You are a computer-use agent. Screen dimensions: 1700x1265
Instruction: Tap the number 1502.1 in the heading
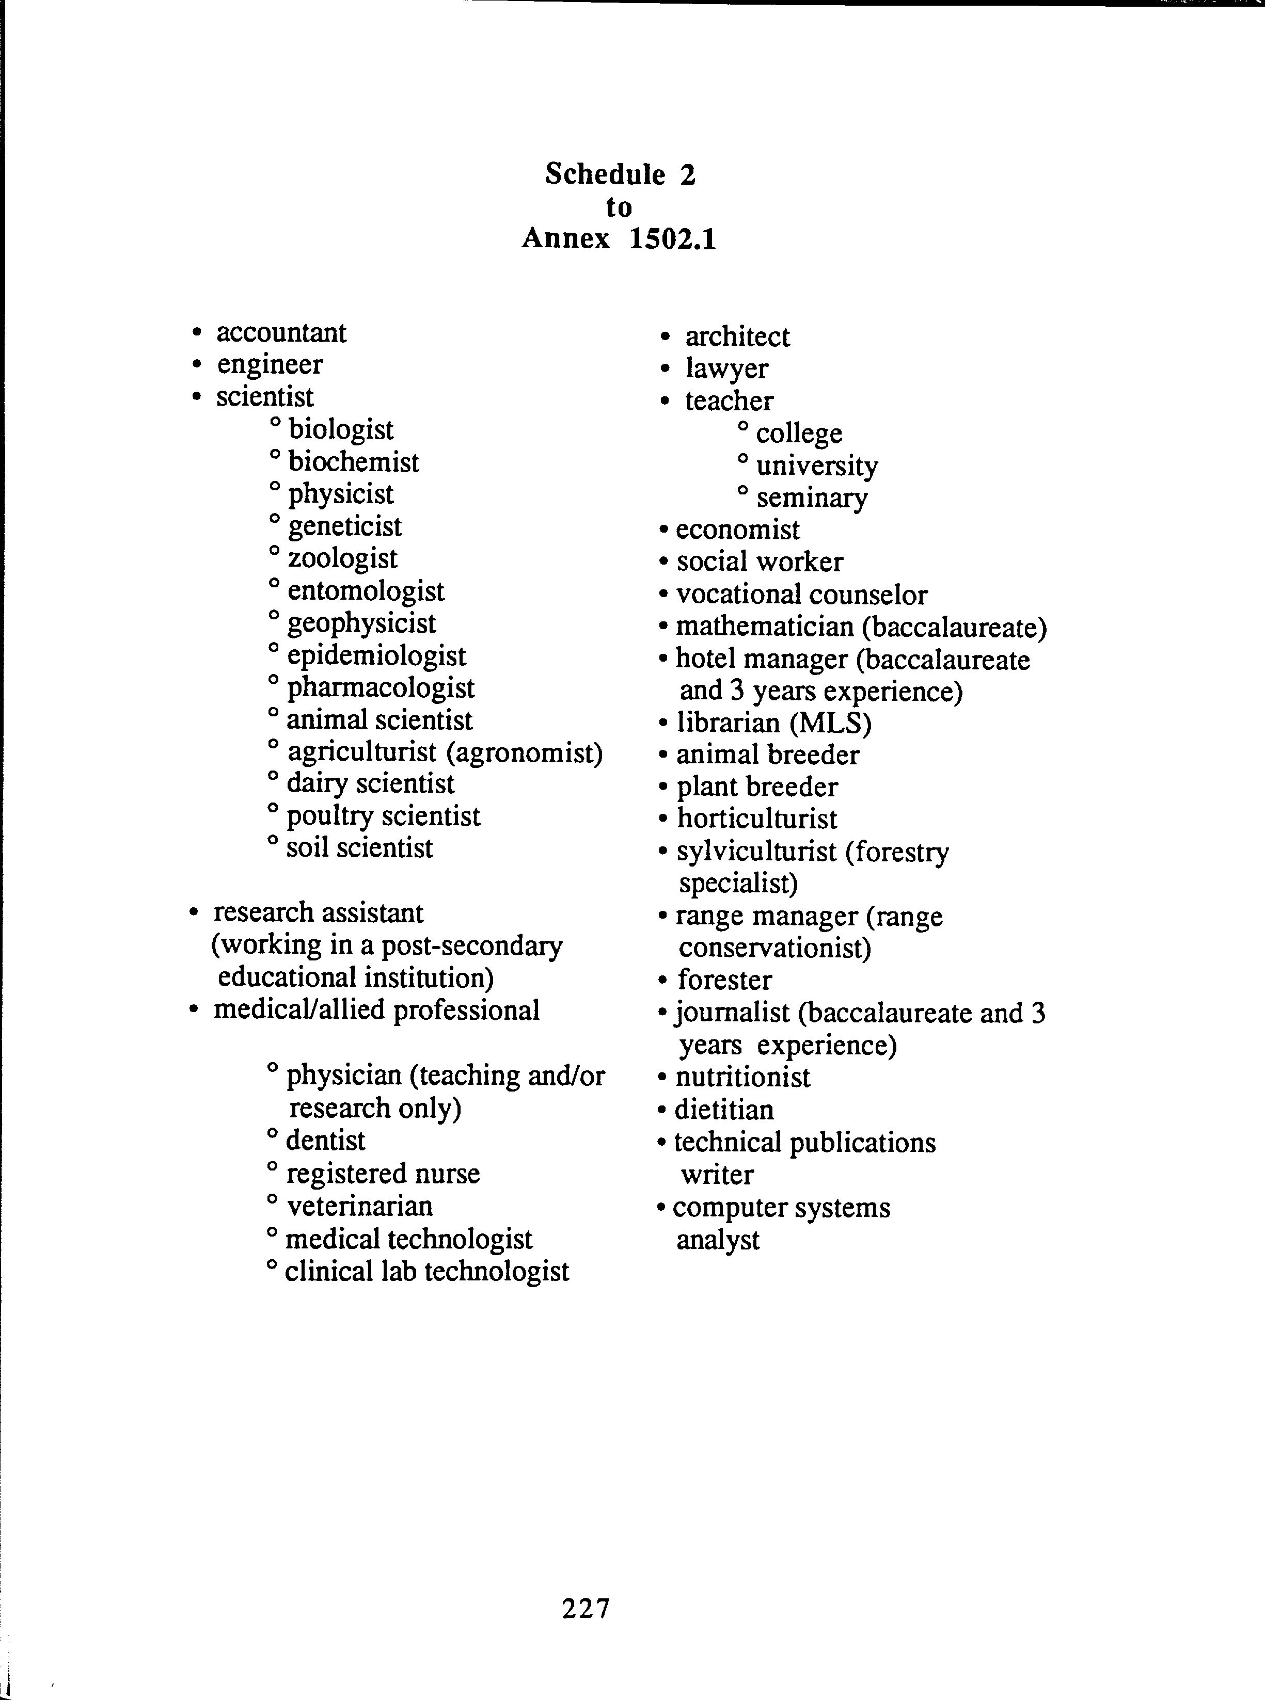coord(672,239)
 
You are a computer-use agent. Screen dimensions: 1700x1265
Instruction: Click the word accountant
coord(281,333)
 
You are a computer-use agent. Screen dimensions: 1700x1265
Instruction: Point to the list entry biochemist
coord(354,462)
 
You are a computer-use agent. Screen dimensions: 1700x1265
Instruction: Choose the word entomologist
coord(365,591)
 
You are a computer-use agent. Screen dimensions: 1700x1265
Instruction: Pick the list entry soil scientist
coord(359,848)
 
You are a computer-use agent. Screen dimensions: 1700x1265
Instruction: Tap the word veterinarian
coord(359,1206)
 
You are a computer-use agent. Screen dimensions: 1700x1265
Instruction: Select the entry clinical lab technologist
coord(426,1271)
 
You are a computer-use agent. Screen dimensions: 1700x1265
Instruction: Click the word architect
coord(737,337)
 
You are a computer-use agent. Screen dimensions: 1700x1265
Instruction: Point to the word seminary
coord(812,499)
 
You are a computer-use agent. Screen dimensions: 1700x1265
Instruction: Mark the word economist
coord(737,530)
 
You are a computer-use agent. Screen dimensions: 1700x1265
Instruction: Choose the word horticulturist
coord(756,819)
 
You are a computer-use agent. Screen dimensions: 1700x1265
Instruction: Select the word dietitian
coord(723,1110)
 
